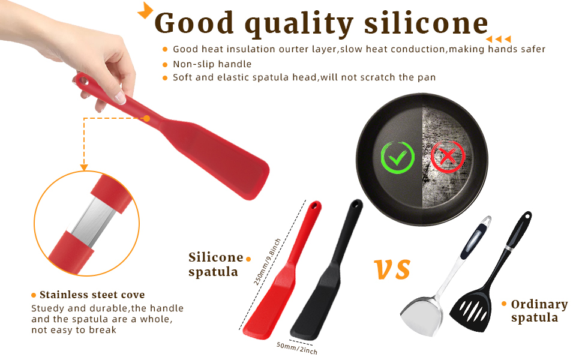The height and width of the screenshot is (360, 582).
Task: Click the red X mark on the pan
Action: click(x=448, y=157)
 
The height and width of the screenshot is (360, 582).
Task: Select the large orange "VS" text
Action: click(x=392, y=269)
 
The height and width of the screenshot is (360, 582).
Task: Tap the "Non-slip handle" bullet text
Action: click(x=212, y=64)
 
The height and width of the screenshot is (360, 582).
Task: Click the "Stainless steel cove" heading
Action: click(x=92, y=295)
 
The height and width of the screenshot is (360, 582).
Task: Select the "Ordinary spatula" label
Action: click(x=538, y=311)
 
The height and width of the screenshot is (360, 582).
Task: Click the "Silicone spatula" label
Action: click(x=215, y=264)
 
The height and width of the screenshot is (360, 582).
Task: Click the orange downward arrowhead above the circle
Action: click(x=84, y=166)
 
